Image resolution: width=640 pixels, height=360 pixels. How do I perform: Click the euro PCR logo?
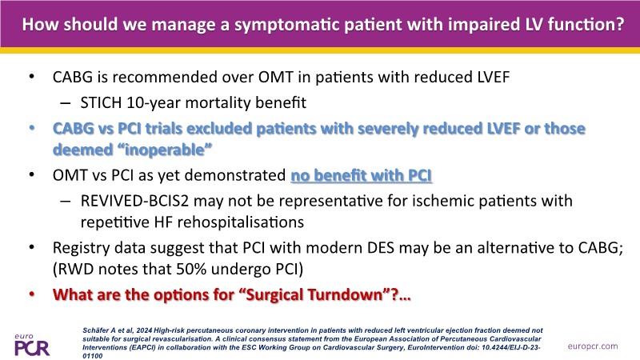(32, 345)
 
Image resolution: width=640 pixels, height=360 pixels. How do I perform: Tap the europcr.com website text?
(593, 346)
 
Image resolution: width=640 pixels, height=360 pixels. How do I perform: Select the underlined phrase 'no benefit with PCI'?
(362, 175)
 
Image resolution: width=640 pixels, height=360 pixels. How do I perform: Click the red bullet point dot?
(32, 294)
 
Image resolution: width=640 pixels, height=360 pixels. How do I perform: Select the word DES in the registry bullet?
(380, 248)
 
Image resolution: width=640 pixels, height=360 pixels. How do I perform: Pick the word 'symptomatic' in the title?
(286, 25)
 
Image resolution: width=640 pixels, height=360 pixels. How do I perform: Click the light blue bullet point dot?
(32, 128)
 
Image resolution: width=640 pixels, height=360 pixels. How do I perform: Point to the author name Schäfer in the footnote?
(96, 330)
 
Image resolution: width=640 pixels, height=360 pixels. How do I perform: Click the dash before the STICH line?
(66, 103)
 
